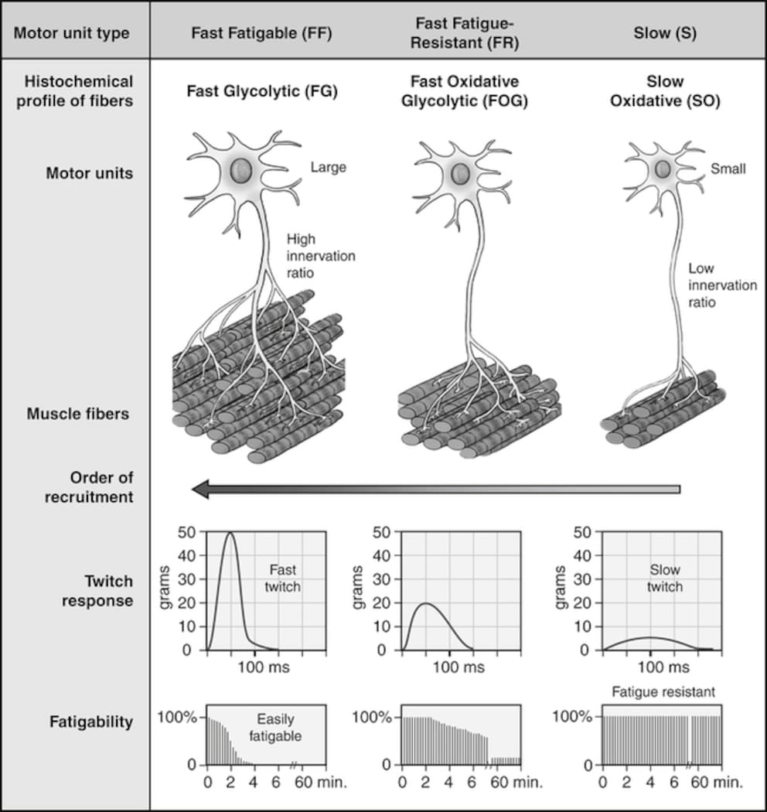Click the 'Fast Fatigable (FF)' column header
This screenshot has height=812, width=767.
(261, 33)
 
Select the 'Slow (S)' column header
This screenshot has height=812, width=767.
(665, 33)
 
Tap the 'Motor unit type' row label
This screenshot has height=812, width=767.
(71, 33)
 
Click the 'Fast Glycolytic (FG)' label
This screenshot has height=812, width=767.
(262, 91)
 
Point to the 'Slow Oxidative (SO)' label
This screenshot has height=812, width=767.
(665, 90)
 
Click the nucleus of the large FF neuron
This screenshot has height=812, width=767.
(240, 170)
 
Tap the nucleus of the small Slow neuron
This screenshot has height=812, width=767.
(663, 169)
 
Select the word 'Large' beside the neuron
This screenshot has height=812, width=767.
(329, 167)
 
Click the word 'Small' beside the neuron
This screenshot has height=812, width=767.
(728, 169)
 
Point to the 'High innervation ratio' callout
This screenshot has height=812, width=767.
(321, 256)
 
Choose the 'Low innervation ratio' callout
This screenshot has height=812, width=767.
(722, 285)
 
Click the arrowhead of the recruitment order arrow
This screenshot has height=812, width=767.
(200, 490)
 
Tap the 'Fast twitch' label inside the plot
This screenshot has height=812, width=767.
(282, 578)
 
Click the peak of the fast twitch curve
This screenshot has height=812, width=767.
(230, 532)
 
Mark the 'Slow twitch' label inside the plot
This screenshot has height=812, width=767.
(664, 578)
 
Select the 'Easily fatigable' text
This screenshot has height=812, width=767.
(275, 728)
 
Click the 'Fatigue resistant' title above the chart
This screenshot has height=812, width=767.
(663, 692)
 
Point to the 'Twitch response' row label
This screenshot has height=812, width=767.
(97, 591)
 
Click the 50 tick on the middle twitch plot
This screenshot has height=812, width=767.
(382, 532)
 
